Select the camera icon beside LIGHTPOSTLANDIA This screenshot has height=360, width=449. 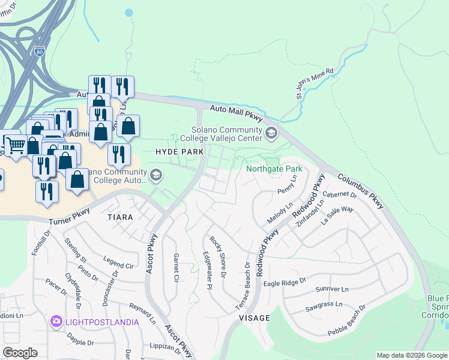click(56, 322)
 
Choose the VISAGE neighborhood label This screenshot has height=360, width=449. click(253, 317)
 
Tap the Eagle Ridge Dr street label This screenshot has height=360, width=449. click(285, 281)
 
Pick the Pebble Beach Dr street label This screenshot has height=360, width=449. click(346, 320)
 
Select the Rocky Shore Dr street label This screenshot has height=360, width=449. click(217, 257)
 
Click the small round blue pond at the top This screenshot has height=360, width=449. click(128, 12)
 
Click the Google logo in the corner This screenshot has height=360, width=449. click(20, 353)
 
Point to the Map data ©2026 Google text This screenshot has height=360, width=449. click(412, 355)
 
